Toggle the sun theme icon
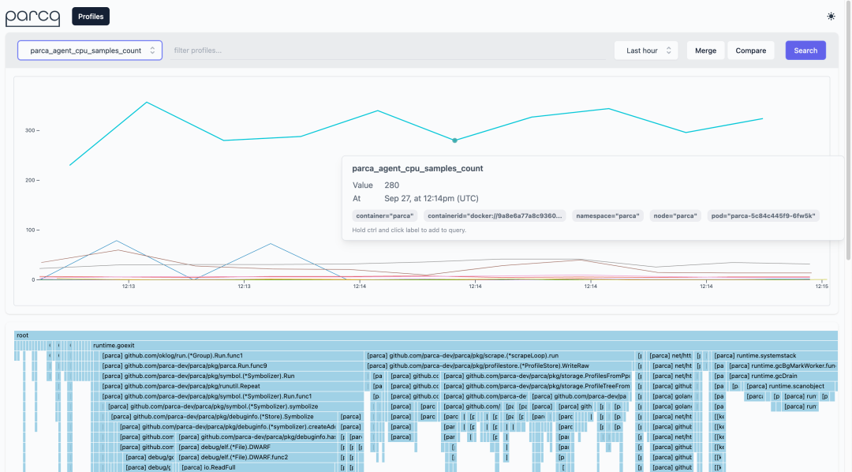coord(831,16)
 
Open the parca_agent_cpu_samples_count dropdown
coord(90,51)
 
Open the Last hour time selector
coord(645,51)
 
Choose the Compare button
coord(750,51)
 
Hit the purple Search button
coord(805,51)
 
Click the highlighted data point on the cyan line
coord(454,140)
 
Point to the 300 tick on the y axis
coord(32,130)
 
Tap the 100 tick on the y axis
coord(32,230)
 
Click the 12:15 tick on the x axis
coord(821,287)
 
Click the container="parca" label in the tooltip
coord(384,215)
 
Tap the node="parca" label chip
coord(674,215)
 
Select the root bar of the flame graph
coord(426,335)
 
